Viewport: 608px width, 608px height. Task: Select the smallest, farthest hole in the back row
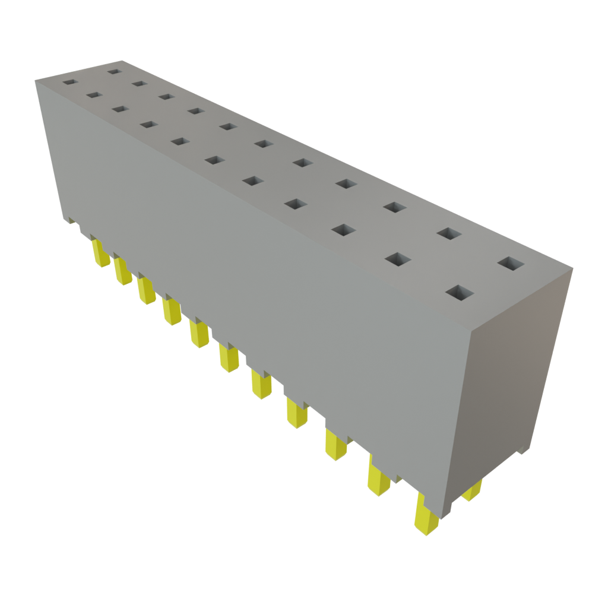pyautogui.click(x=114, y=72)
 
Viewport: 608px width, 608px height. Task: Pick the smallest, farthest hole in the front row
pyautogui.click(x=70, y=81)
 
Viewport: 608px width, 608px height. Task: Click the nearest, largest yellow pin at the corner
pyautogui.click(x=425, y=516)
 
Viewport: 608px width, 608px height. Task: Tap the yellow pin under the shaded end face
pyautogui.click(x=472, y=491)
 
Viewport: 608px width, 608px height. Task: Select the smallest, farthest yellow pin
pyautogui.click(x=101, y=254)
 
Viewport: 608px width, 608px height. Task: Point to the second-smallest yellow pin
pyautogui.click(x=122, y=272)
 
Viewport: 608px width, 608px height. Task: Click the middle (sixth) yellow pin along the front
pyautogui.click(x=228, y=358)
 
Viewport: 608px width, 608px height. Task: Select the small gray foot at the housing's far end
pyautogui.click(x=71, y=220)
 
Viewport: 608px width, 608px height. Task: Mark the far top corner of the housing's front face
pyautogui.click(x=35, y=80)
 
